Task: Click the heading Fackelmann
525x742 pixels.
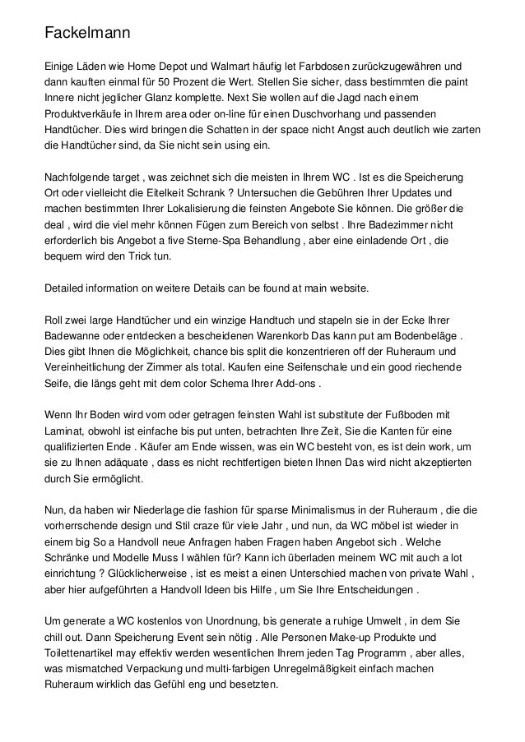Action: point(87,35)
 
